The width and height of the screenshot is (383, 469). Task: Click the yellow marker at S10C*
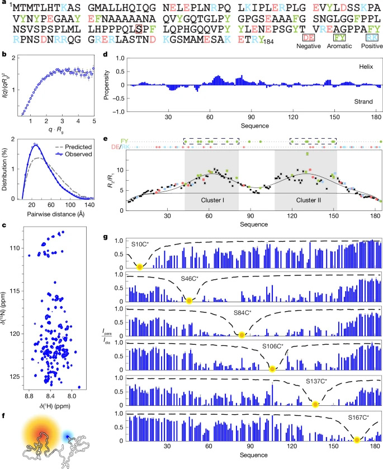139,268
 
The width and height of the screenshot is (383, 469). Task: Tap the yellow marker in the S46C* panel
189,301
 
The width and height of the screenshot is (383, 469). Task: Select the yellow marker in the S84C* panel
242,335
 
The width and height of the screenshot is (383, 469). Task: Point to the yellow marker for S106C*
272,369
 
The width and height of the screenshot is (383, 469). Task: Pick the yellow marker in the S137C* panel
315,404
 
